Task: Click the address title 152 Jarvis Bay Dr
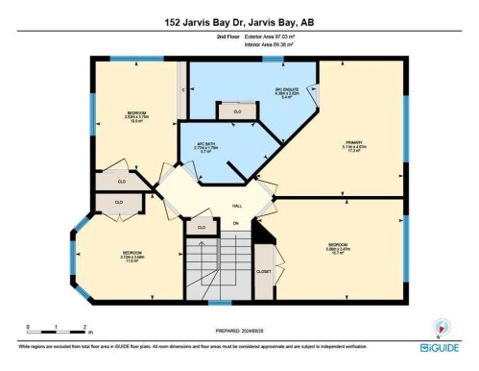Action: click(239, 21)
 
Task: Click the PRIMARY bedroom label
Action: click(353, 147)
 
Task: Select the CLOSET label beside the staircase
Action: click(264, 272)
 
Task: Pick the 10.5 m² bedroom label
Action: click(135, 117)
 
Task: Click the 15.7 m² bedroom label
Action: click(337, 247)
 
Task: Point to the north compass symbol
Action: click(440, 328)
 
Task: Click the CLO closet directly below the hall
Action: click(201, 227)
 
